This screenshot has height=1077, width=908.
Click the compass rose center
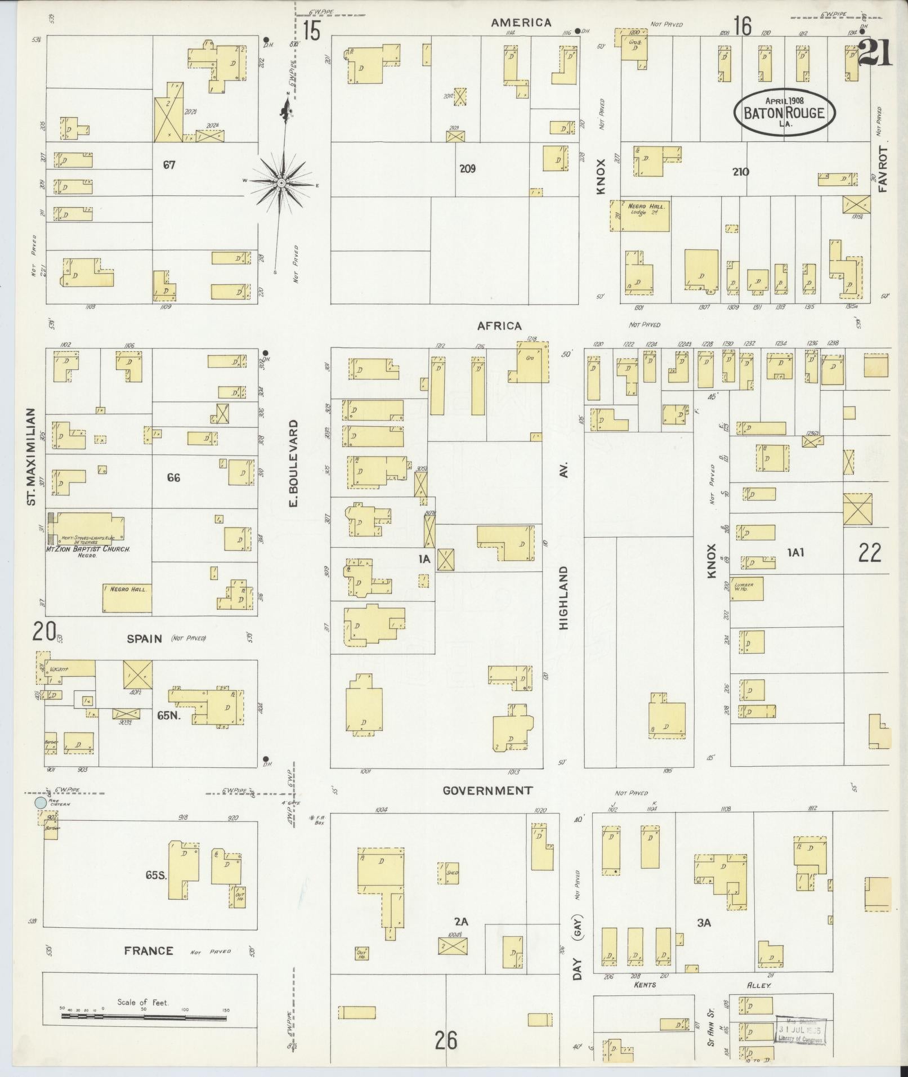281,183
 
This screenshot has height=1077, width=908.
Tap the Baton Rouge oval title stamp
784,111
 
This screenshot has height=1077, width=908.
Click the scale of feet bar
144,1017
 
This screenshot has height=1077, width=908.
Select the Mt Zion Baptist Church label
88,548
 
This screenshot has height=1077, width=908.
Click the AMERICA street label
521,23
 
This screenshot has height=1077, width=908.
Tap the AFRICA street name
499,325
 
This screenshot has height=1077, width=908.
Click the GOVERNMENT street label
487,790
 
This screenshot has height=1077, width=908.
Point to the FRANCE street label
149,951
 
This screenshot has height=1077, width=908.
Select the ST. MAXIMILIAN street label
32,457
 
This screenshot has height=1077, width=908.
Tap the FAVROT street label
882,169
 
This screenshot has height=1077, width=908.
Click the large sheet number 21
875,55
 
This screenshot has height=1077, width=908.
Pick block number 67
169,165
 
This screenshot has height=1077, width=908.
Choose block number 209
467,168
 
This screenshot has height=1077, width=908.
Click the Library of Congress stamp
800,1030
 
